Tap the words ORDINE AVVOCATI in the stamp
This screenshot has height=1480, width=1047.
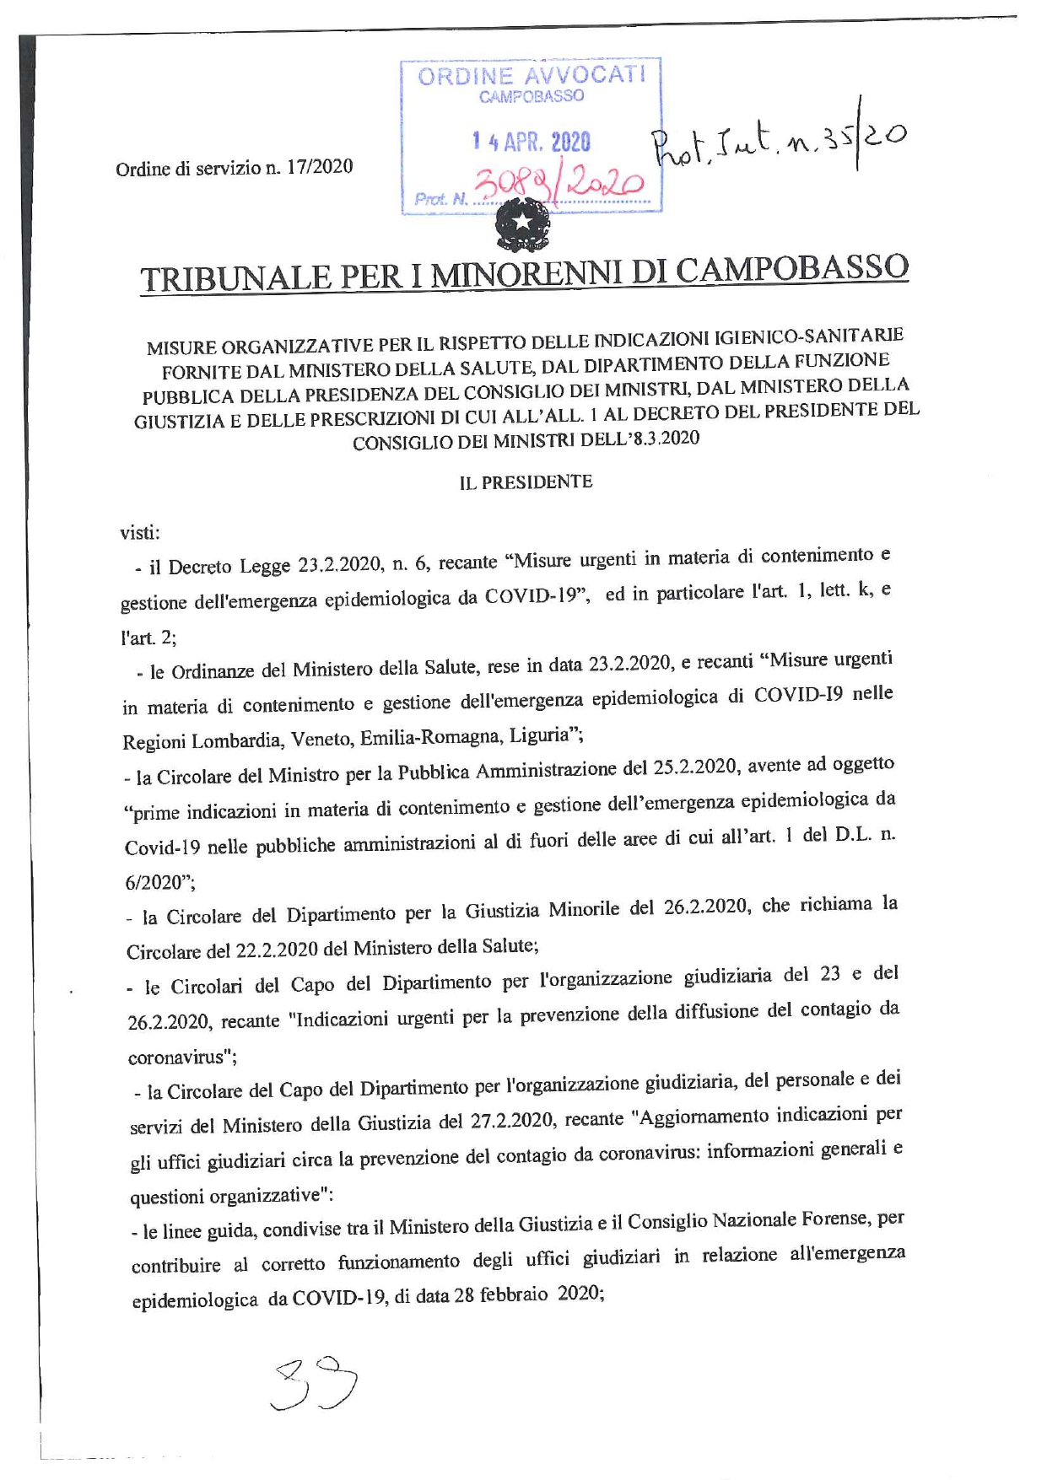(532, 76)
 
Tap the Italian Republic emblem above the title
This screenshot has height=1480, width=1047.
(522, 228)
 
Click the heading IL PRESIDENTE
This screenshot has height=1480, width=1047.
(526, 482)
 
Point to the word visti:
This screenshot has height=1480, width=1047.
(140, 533)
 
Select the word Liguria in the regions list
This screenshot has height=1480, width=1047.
(539, 735)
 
